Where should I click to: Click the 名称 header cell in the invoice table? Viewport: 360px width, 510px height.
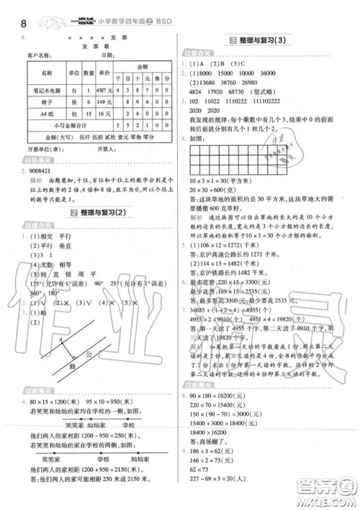coord(48,72)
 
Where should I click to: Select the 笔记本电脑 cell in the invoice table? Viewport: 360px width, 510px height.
coord(48,90)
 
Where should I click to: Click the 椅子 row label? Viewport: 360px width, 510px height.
coord(48,101)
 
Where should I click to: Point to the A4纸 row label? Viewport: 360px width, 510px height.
coord(48,113)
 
